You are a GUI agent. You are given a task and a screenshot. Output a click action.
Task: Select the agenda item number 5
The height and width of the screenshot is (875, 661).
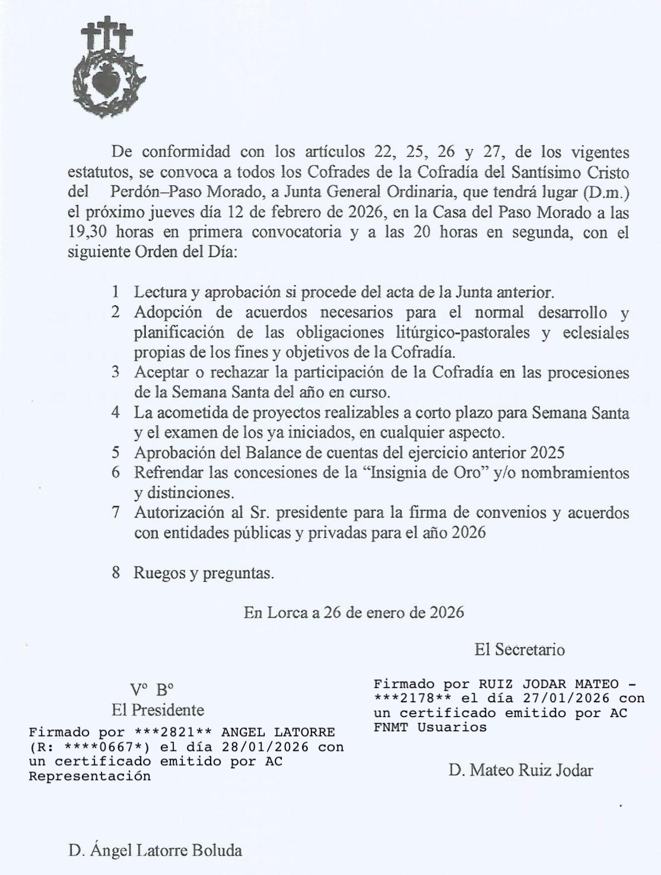point(116,452)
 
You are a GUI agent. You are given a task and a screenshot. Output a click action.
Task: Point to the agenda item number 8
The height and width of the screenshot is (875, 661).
point(116,573)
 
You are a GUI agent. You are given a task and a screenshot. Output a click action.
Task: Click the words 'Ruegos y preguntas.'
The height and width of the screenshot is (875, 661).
point(204,573)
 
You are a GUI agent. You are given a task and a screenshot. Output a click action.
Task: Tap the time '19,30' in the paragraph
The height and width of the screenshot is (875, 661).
point(87,232)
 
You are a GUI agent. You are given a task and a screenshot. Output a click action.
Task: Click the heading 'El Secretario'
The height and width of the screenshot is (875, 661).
point(519,649)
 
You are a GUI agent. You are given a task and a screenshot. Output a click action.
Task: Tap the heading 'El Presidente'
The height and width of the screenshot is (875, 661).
point(157,709)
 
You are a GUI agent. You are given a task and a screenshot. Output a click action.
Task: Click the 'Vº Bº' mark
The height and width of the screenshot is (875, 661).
point(152,689)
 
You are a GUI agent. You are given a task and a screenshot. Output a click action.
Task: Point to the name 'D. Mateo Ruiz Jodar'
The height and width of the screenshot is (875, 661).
point(520,771)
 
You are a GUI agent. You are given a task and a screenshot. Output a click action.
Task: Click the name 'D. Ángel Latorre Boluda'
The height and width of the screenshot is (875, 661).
point(155,850)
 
